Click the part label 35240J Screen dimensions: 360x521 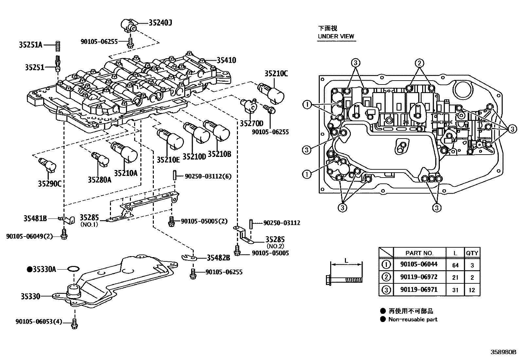[160, 23]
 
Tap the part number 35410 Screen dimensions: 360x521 [226, 60]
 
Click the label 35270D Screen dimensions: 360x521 [251, 123]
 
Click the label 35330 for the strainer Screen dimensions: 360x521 [30, 296]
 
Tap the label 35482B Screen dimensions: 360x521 [218, 258]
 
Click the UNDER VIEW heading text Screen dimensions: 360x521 [336, 36]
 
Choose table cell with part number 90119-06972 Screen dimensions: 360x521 [419, 277]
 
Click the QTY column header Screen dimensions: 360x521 [472, 253]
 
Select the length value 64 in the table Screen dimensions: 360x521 [455, 265]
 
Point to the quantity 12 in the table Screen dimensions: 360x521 [472, 290]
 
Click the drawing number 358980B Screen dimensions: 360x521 [503, 352]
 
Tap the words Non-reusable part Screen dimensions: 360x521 [413, 319]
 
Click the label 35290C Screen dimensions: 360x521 [49, 183]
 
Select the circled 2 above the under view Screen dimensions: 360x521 [420, 63]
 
